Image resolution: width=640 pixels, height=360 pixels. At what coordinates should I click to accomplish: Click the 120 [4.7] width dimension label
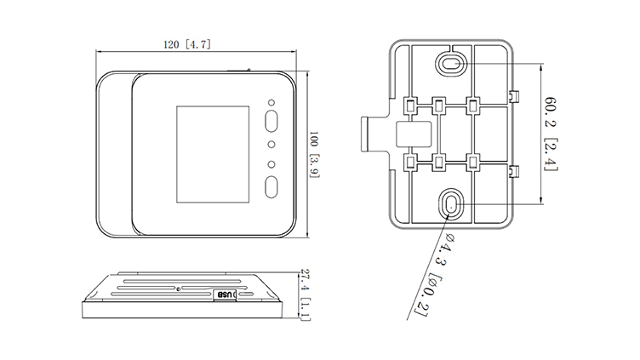coord(187,44)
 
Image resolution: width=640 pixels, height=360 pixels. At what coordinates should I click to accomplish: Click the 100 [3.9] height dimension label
coord(314,154)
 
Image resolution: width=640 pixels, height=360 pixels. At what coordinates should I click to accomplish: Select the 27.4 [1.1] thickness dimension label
coord(305,294)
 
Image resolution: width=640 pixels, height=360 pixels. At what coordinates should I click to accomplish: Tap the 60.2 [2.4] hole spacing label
coord(551,134)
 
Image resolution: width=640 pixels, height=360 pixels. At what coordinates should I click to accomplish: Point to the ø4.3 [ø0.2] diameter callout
coord(434,274)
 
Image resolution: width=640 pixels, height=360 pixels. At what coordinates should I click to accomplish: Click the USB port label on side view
coord(225,294)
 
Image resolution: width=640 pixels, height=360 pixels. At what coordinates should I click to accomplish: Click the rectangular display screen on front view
coord(213,154)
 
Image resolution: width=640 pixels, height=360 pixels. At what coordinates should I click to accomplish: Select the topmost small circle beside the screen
coord(271,103)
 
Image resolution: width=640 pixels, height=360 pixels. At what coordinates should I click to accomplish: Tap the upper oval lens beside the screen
coord(271,121)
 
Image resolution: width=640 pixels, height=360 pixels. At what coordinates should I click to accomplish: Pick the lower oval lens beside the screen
coord(271,187)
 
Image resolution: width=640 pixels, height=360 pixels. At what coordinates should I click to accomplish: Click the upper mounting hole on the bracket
coord(451,63)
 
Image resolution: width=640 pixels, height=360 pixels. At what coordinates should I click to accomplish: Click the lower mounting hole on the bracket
coord(451,204)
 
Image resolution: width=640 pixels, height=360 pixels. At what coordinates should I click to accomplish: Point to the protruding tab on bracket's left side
coord(365,134)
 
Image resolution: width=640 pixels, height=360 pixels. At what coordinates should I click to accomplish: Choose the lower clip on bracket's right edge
coord(514,172)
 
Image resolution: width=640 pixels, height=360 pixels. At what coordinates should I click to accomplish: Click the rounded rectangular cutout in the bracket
coord(414,134)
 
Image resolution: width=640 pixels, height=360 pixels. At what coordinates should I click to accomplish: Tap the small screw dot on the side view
coord(179,289)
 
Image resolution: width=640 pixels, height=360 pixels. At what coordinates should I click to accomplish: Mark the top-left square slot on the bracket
coord(409,106)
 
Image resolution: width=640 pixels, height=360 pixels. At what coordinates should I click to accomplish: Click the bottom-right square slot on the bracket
coord(473,163)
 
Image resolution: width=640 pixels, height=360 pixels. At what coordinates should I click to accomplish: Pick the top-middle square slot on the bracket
coord(439,106)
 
